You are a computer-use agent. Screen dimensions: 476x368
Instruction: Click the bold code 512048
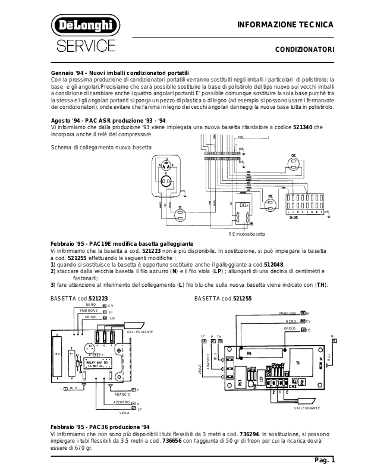coord(274,264)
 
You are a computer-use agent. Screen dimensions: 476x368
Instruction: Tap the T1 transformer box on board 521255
coord(298,362)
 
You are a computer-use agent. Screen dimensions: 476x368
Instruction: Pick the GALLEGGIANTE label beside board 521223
coord(140,331)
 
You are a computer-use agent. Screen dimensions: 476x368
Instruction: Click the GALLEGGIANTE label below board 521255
coord(307,408)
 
